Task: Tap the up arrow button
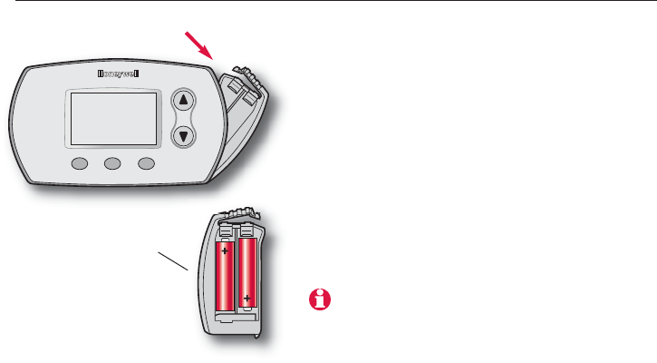click(x=184, y=101)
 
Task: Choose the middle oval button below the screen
click(x=112, y=165)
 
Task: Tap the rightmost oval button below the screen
click(x=145, y=165)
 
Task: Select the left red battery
click(x=225, y=273)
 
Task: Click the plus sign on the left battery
click(x=224, y=250)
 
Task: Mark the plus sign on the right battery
click(x=246, y=297)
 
